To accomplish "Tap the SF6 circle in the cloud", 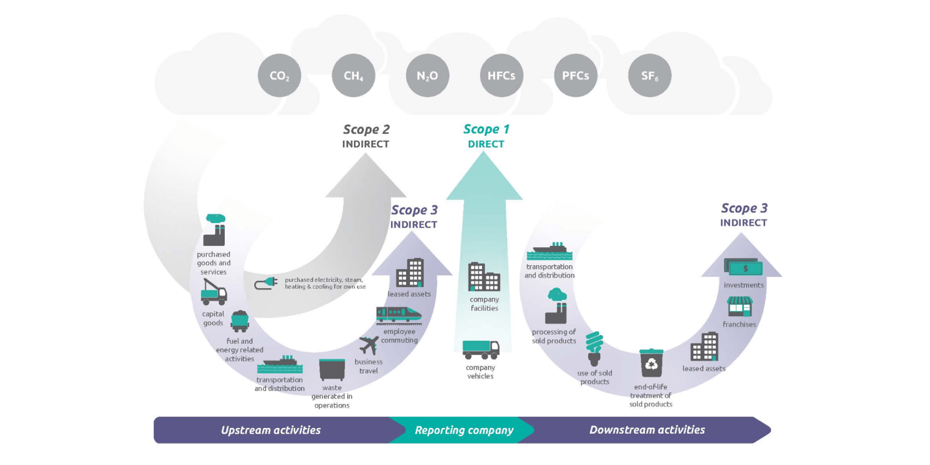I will click(650, 75).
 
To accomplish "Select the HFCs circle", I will click(502, 75).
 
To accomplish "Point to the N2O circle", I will click(427, 75).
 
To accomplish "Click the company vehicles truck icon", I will click(481, 349).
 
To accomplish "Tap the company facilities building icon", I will click(484, 277).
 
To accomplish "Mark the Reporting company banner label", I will click(464, 430).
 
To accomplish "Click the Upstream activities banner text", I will click(271, 430).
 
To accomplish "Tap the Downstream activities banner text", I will click(647, 430).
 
